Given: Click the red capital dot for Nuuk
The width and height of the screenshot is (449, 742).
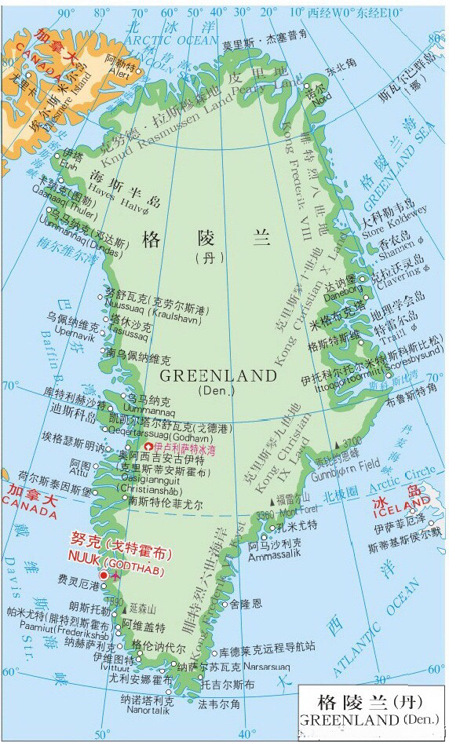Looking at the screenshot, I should point(104,575).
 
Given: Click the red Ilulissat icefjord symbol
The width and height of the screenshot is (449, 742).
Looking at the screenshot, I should point(148,447).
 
